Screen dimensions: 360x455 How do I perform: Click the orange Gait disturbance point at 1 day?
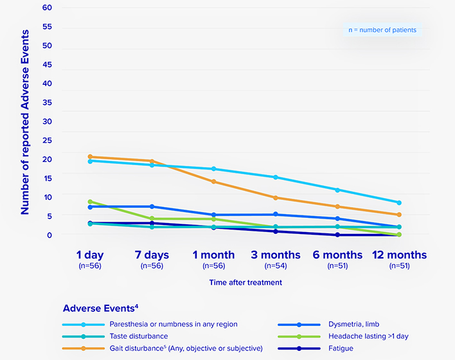pyautogui.click(x=90, y=157)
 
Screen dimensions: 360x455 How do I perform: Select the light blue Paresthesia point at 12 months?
pyautogui.click(x=399, y=203)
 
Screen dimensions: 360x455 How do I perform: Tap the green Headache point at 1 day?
pyautogui.click(x=90, y=202)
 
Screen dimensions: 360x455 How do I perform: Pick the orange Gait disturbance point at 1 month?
pyautogui.click(x=213, y=182)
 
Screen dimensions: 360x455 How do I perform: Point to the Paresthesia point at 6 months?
pyautogui.click(x=337, y=190)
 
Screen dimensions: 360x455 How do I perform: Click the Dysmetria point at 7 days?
pyautogui.click(x=152, y=206)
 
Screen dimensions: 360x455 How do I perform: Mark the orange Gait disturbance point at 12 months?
pyautogui.click(x=399, y=215)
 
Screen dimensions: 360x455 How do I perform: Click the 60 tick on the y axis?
pyautogui.click(x=47, y=8)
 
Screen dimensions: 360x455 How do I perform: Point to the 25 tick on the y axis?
pyautogui.click(x=47, y=139)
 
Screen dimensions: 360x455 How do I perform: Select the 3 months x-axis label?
pyautogui.click(x=275, y=255)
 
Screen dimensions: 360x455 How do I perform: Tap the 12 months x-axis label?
pyautogui.click(x=399, y=255)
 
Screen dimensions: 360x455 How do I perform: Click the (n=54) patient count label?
pyautogui.click(x=275, y=265)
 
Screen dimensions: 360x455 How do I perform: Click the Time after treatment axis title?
pyautogui.click(x=245, y=282)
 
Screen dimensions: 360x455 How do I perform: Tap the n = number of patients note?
pyautogui.click(x=382, y=30)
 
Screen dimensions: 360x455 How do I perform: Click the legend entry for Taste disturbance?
pyautogui.click(x=138, y=336)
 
